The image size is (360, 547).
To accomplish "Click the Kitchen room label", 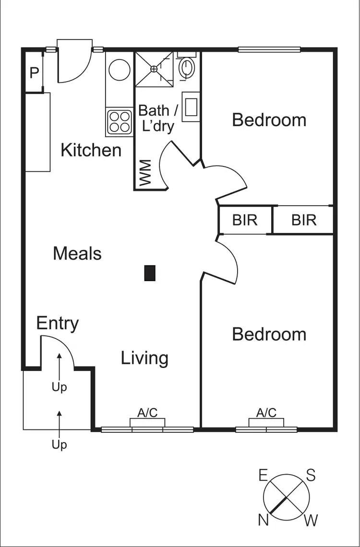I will pos(91,150).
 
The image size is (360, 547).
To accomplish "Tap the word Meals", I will pos(77,253).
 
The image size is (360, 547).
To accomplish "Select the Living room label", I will pos(144,358).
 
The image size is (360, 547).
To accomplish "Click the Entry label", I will pos(58,323).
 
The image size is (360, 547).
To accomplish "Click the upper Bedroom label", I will pos(269,119).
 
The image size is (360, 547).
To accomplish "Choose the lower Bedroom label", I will pos(269,334).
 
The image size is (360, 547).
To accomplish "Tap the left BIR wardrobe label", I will pos(245,220).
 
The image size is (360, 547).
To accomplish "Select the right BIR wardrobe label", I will pos(304,220).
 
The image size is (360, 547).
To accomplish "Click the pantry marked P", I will pos(34,73).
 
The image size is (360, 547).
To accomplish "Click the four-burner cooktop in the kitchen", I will pos(119,121).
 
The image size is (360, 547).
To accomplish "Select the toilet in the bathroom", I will pos(186,68).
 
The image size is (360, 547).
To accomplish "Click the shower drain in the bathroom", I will pos(154,69).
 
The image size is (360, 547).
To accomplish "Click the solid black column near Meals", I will pos(150,273).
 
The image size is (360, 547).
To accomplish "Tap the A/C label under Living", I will pos(147,413).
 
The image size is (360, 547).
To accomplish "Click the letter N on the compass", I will pos(263,519).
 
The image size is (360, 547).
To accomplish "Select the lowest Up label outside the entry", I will pos(59,445).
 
